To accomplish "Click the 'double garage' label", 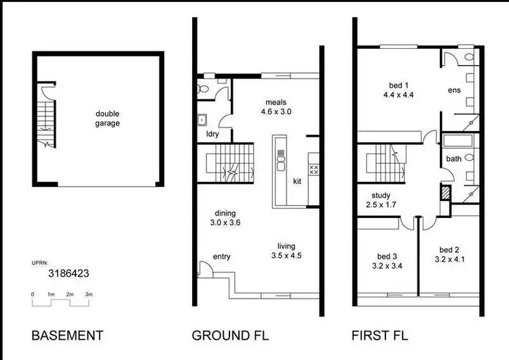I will point(107,118).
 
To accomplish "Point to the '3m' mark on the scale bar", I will point(88,294).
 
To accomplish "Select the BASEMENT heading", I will point(67,335).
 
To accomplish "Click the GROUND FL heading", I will point(230,335).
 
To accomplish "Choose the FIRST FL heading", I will point(379,335).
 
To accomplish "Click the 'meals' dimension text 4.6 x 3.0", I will point(278,112).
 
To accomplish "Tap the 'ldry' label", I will point(212,134).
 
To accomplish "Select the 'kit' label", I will point(297,181).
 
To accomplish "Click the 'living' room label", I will point(286,246).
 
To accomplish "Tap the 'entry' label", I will point(223,256).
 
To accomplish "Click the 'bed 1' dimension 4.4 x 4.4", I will point(398,95).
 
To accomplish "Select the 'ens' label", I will point(454,90).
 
